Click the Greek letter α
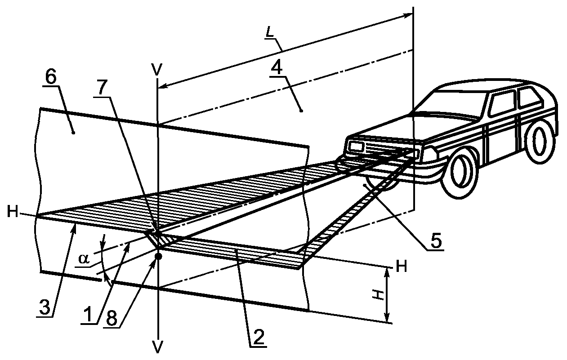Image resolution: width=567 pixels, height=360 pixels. (84, 259)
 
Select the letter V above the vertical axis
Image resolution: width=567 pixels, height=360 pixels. (157, 70)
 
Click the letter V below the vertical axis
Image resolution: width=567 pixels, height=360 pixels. (158, 347)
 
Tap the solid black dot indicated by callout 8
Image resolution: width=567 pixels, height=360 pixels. (158, 256)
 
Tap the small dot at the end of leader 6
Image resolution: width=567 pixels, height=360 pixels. (73, 132)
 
